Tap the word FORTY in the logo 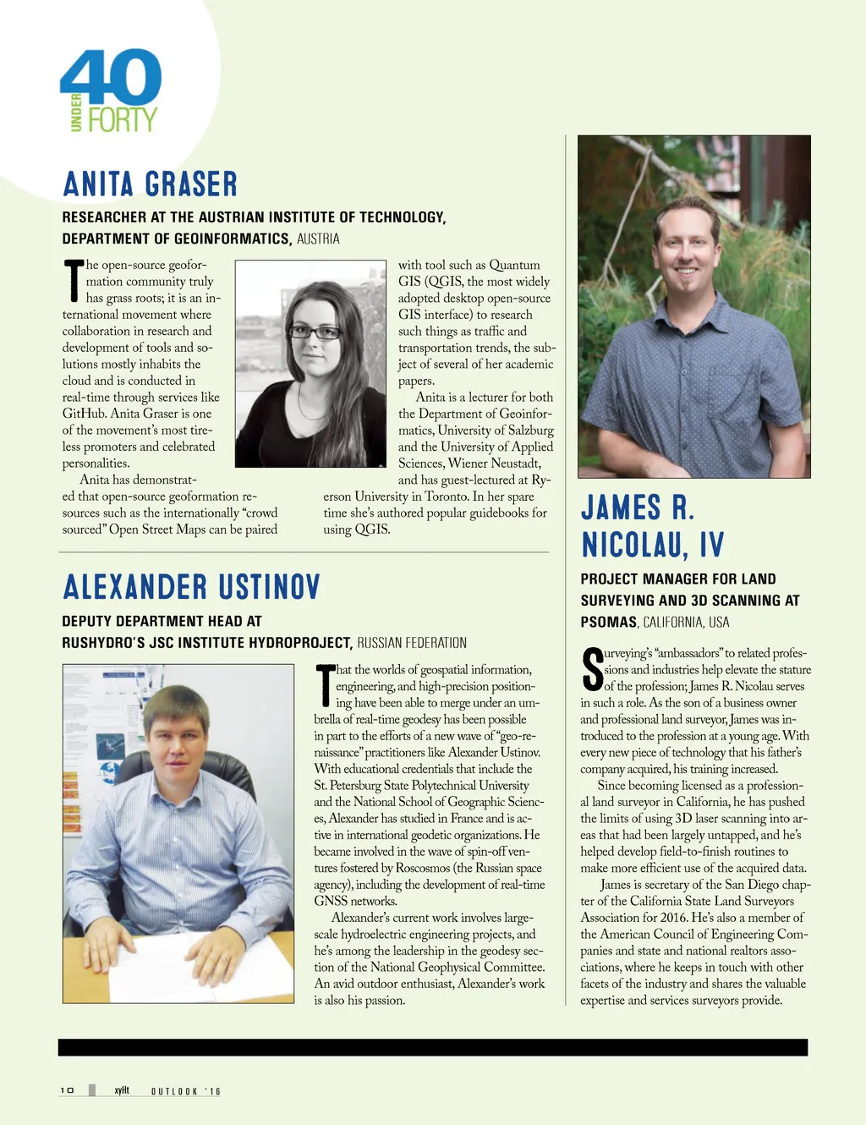click(123, 120)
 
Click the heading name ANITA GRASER click(151, 184)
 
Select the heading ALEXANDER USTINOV click(192, 587)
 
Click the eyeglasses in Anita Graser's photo click(314, 332)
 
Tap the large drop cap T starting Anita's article click(74, 282)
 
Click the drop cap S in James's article click(592, 669)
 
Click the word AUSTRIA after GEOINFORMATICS click(318, 239)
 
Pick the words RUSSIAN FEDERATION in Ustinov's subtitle click(412, 643)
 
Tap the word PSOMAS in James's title click(608, 623)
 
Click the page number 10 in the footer click(67, 1090)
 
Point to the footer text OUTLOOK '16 click(186, 1091)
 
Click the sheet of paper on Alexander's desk click(195, 964)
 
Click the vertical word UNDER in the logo click(76, 112)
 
